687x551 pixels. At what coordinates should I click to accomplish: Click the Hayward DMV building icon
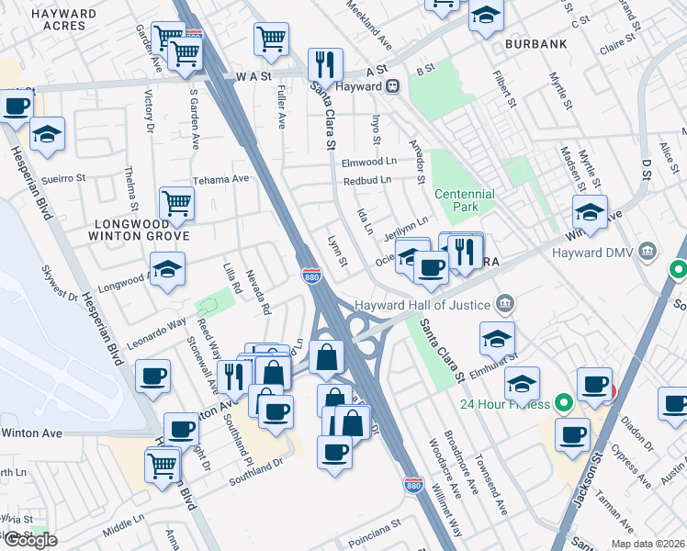(x=648, y=251)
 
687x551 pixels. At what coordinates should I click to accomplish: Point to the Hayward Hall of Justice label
(x=423, y=304)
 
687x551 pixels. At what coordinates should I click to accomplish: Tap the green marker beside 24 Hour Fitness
(x=565, y=403)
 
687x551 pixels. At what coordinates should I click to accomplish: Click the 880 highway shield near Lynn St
(x=310, y=275)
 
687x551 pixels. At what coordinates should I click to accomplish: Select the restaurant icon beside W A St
(x=325, y=65)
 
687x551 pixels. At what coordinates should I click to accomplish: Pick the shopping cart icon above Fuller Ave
(x=272, y=39)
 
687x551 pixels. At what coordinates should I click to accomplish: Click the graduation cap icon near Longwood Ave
(x=167, y=269)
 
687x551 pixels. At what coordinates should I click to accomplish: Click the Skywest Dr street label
(x=61, y=284)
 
